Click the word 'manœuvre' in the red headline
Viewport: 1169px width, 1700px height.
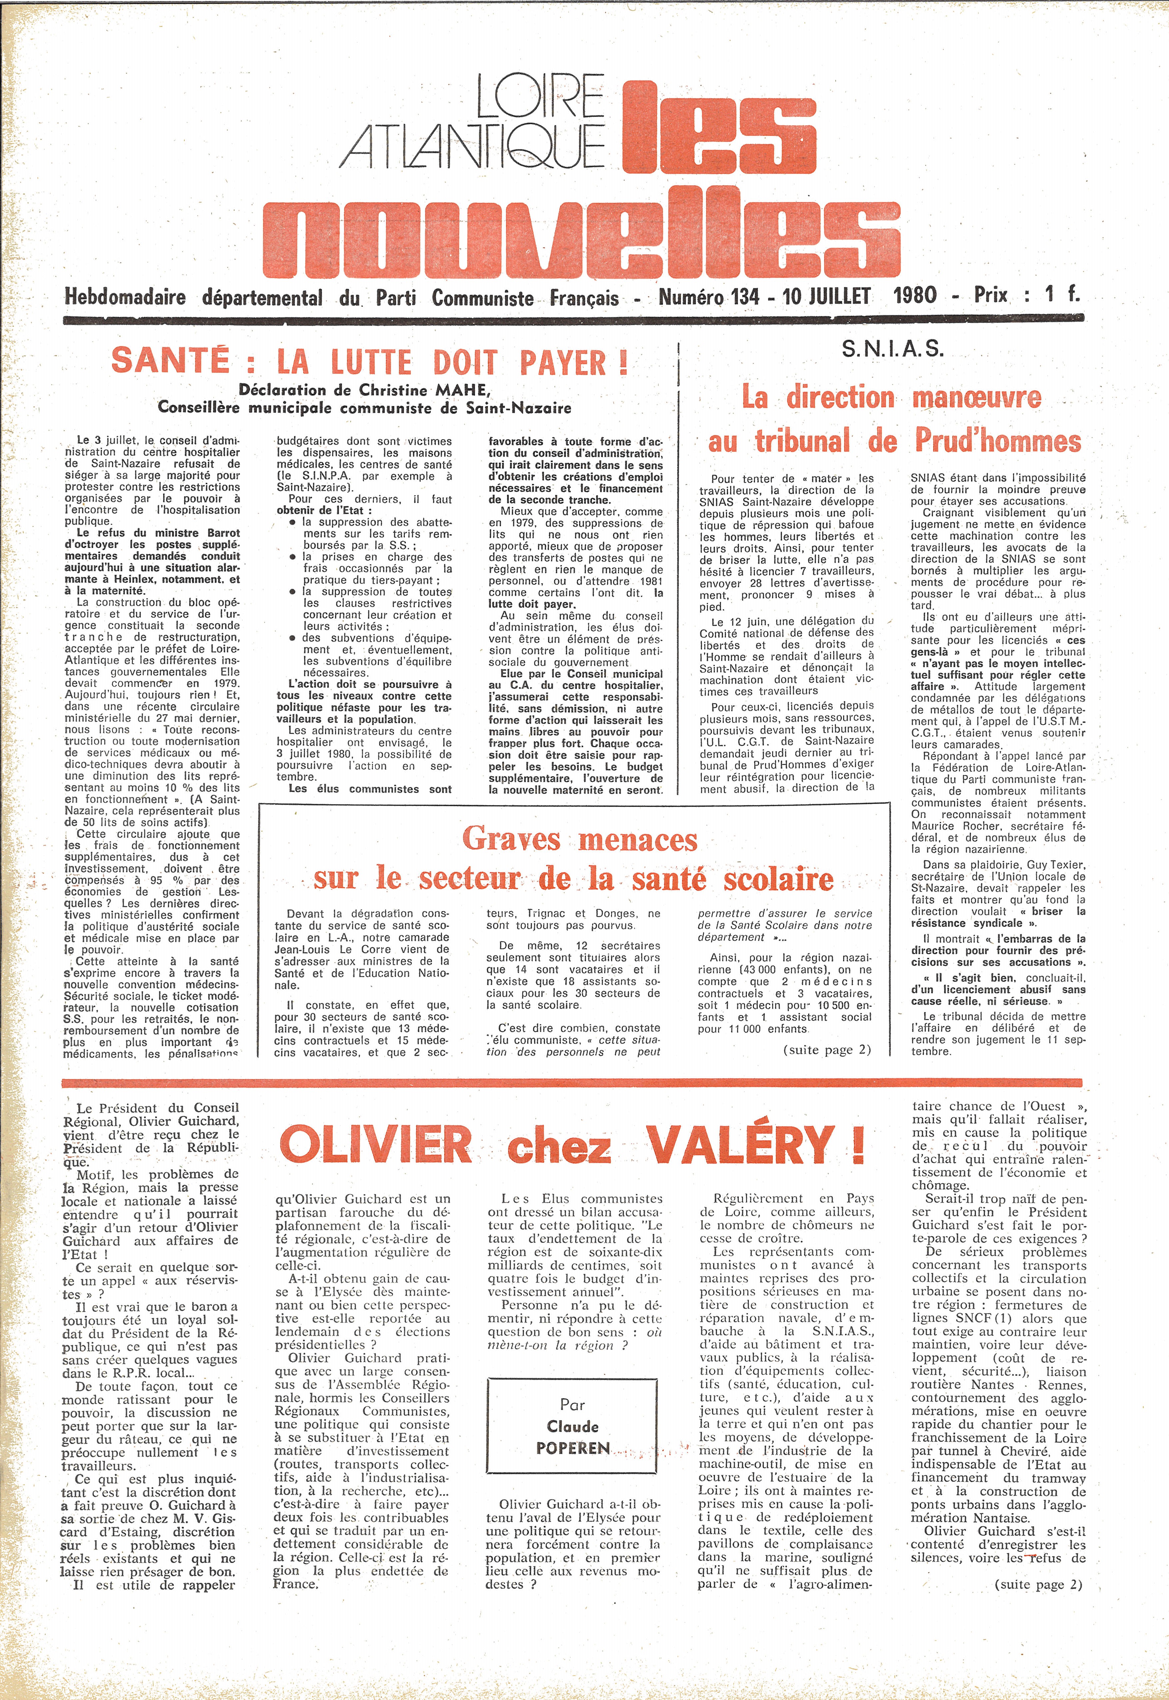976,398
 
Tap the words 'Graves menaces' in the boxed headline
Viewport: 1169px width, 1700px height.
579,840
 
